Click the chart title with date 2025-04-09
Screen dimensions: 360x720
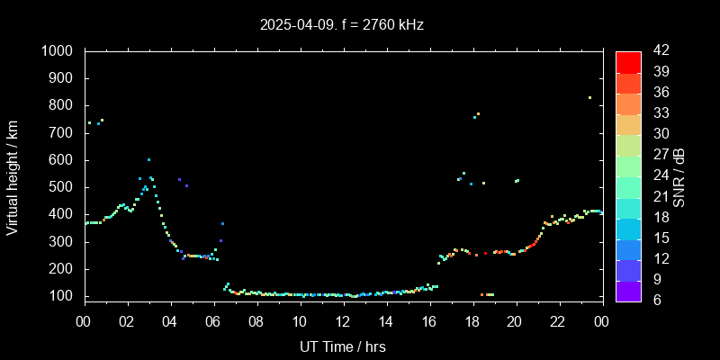pos(341,25)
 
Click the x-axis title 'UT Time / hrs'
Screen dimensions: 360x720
pos(343,346)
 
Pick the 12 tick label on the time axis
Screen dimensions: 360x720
pos(343,320)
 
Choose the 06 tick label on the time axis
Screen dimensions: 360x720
pos(213,320)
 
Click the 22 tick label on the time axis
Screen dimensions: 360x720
pos(558,320)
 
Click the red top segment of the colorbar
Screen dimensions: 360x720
pos(628,61)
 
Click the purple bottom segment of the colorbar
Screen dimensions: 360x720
pos(628,290)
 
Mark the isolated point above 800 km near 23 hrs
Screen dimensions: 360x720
pos(589,97)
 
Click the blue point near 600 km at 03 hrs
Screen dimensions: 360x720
pos(148,159)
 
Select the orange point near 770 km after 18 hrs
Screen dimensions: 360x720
pos(478,113)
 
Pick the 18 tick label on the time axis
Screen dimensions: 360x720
pos(472,320)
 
